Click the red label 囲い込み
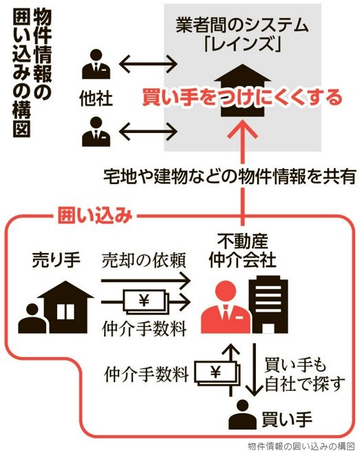pos(95,215)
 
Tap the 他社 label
pos(96,99)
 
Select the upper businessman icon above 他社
pos(96,64)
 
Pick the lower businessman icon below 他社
pos(96,132)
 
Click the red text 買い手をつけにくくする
pos(242,97)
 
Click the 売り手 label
pos(56,260)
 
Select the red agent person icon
pos(226,308)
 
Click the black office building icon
pos(270,305)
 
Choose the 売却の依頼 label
pos(143,261)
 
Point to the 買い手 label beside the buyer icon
pos(287,419)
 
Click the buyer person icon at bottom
pos(243,414)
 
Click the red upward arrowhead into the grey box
pos(243,128)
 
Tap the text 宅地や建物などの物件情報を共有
pos(230,176)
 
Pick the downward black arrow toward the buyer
pos(254,370)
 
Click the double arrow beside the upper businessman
pos(148,64)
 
